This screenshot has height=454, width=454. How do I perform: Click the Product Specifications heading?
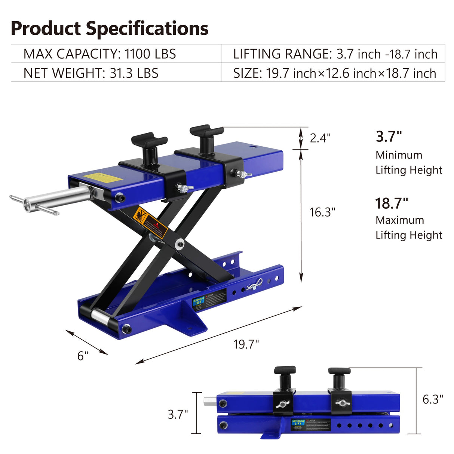pos(109,28)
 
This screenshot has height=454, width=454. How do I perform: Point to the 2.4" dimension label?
pos(320,138)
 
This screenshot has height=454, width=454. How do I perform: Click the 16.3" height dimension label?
pos(322,212)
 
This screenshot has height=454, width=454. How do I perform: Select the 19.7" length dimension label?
pos(246,344)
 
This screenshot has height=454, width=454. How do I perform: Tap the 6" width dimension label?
pos(83,356)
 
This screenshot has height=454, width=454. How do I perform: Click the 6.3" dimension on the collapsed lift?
pos(433,399)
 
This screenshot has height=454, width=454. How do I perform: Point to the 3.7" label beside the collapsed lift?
pos(178,414)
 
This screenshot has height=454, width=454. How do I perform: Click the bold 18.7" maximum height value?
pos(392,203)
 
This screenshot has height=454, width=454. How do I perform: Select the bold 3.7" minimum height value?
pos(389,136)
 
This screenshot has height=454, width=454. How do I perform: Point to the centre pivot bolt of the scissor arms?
pos(180,243)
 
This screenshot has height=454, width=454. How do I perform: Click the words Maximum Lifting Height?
pos(408,227)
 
